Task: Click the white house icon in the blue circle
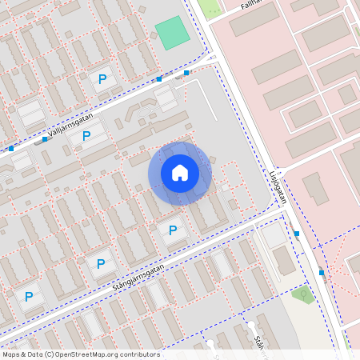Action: click(179, 172)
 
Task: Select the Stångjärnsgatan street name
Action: click(138, 277)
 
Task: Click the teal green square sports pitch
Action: click(172, 33)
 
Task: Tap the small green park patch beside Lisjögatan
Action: click(303, 294)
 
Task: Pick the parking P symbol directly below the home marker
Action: click(172, 230)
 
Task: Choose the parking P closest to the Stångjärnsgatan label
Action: click(101, 263)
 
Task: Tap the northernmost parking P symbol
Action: click(102, 78)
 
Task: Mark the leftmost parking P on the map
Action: click(29, 297)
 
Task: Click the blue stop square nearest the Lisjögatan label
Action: click(297, 234)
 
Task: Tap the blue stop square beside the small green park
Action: click(322, 272)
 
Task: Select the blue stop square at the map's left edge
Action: click(11, 148)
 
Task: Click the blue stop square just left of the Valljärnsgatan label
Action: click(45, 139)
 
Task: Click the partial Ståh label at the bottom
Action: click(259, 342)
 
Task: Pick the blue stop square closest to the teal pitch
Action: click(186, 74)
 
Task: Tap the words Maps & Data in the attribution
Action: click(22, 354)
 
